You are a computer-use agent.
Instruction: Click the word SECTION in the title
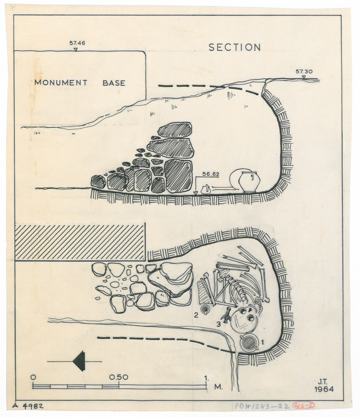[x=235, y=47]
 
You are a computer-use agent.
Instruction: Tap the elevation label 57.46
[x=77, y=43]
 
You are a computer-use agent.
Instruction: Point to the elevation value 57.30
[x=304, y=72]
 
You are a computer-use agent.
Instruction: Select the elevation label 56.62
[x=211, y=174]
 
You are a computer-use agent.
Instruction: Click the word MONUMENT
[x=61, y=83]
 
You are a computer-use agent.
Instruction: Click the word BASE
[x=114, y=83]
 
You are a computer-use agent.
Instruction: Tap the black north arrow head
[x=79, y=361]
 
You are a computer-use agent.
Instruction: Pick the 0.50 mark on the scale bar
[x=119, y=377]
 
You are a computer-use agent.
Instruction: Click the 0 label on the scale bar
[x=33, y=377]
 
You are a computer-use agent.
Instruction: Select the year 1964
[x=324, y=389]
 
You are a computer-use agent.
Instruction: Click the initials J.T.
[x=323, y=382]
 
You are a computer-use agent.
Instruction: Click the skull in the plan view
[x=244, y=320]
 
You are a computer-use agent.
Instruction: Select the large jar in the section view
[x=249, y=181]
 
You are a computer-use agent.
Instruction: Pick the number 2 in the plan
[x=196, y=315]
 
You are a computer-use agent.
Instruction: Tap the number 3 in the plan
[x=219, y=324]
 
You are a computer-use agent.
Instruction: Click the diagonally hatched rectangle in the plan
[x=80, y=242]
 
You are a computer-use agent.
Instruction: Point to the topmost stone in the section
[x=175, y=130]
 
